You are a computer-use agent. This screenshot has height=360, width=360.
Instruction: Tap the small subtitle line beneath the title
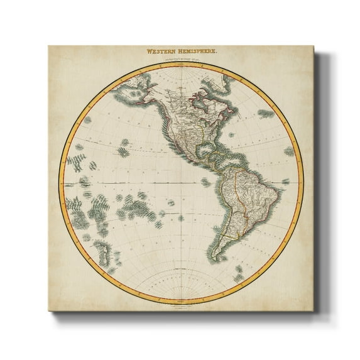click(x=181, y=60)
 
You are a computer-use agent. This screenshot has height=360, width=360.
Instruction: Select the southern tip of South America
click(x=216, y=258)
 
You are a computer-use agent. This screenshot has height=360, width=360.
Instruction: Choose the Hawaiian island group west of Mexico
click(x=123, y=151)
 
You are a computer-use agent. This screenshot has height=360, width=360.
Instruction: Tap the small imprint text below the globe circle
click(x=181, y=303)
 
